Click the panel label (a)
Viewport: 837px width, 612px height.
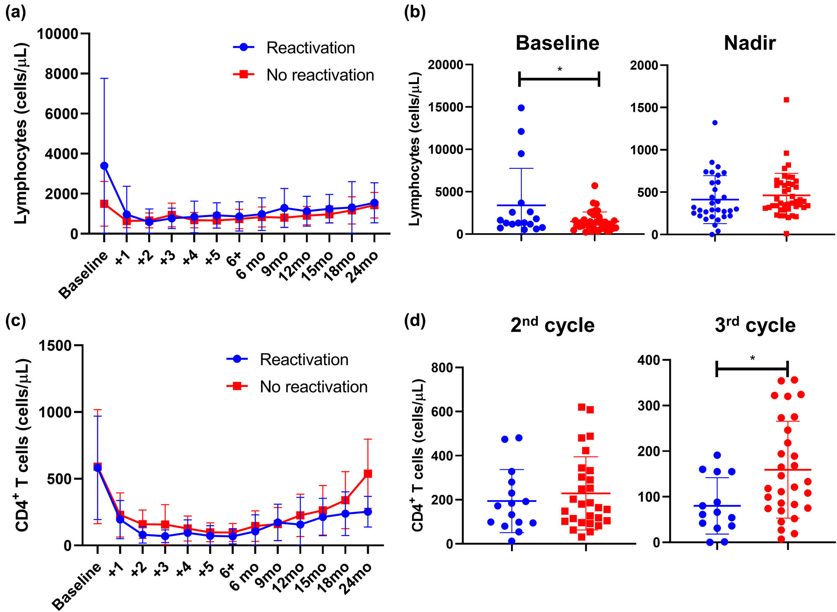pos(15,13)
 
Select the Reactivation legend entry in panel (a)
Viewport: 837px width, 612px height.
pos(310,48)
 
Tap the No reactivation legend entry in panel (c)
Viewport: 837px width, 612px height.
pos(313,387)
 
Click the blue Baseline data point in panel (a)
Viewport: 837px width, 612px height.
pos(104,166)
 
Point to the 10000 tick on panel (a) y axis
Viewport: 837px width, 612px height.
pos(58,33)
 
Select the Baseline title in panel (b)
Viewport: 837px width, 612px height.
pos(557,43)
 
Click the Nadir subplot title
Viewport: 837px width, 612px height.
pos(750,43)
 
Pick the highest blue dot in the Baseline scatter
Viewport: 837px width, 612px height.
pos(521,108)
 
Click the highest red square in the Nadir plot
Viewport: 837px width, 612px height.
pos(786,100)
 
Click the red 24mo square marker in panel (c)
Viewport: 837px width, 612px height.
pos(368,473)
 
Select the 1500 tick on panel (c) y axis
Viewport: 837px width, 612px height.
pos(55,345)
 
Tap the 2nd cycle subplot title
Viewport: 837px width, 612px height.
pos(552,325)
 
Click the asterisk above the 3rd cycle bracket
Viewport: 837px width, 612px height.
pos(752,358)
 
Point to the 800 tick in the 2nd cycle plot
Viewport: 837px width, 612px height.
pos(442,368)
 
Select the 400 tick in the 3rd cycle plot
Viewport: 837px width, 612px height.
pos(648,360)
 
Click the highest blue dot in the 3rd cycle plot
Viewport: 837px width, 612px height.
pos(717,455)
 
